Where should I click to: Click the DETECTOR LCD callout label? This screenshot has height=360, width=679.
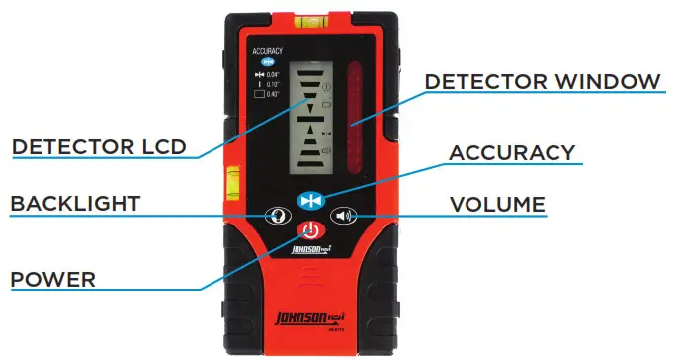coord(99,147)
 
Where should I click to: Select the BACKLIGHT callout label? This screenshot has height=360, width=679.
coord(75,205)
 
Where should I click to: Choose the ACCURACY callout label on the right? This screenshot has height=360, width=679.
coord(512,153)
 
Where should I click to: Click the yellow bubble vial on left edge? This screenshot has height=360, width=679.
coord(237,180)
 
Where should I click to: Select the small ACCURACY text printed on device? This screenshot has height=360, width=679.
coord(267,50)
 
